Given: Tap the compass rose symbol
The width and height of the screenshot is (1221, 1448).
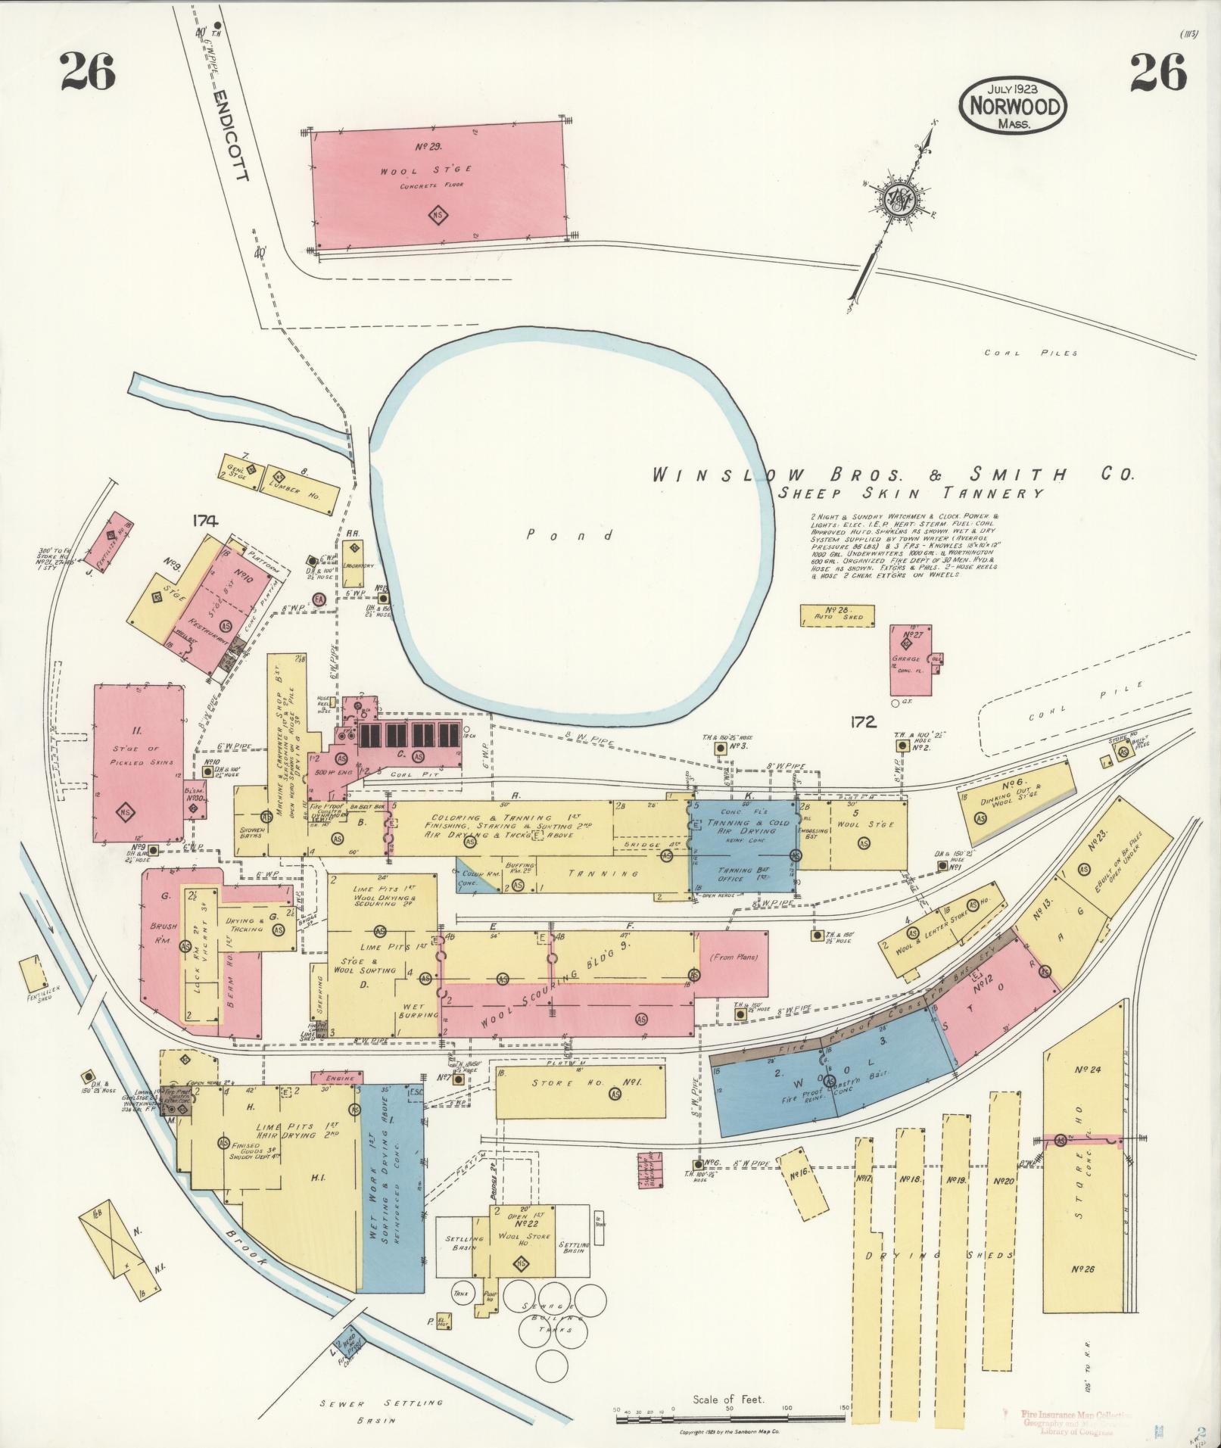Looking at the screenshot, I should pos(902,199).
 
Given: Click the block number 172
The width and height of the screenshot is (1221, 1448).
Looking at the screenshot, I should pos(862,721).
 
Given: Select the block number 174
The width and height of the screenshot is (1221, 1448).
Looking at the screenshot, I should pos(204,520).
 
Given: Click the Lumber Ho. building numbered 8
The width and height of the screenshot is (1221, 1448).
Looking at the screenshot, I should pos(301,484).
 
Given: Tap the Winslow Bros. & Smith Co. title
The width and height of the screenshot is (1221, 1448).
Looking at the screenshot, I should pos(893,475).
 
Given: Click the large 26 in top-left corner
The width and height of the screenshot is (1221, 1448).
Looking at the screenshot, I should pos(88,72).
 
